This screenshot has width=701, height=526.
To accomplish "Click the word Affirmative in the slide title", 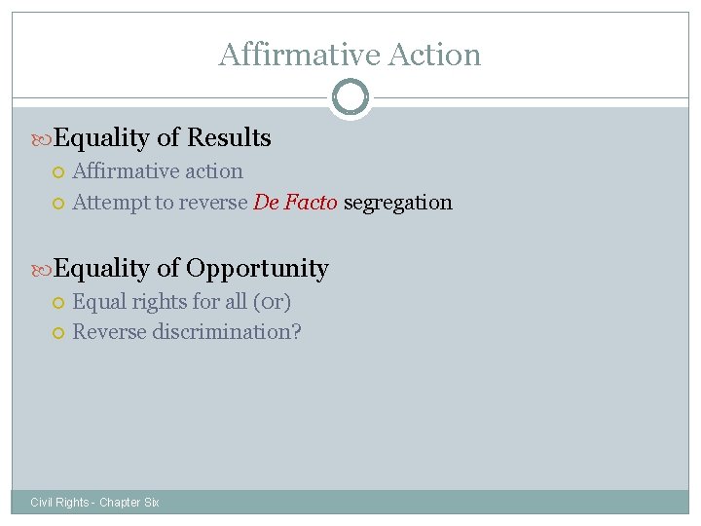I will (287, 55).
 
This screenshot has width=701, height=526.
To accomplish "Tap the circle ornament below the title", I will (350, 97).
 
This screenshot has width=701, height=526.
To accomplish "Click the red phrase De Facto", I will (295, 203).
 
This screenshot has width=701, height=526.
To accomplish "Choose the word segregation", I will (397, 203).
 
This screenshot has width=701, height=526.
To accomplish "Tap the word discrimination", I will (227, 332).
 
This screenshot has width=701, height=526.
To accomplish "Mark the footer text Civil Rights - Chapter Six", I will (94, 503).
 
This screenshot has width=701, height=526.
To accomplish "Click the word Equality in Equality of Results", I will (101, 138).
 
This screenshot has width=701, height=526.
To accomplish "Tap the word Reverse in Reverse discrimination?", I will (109, 332).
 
